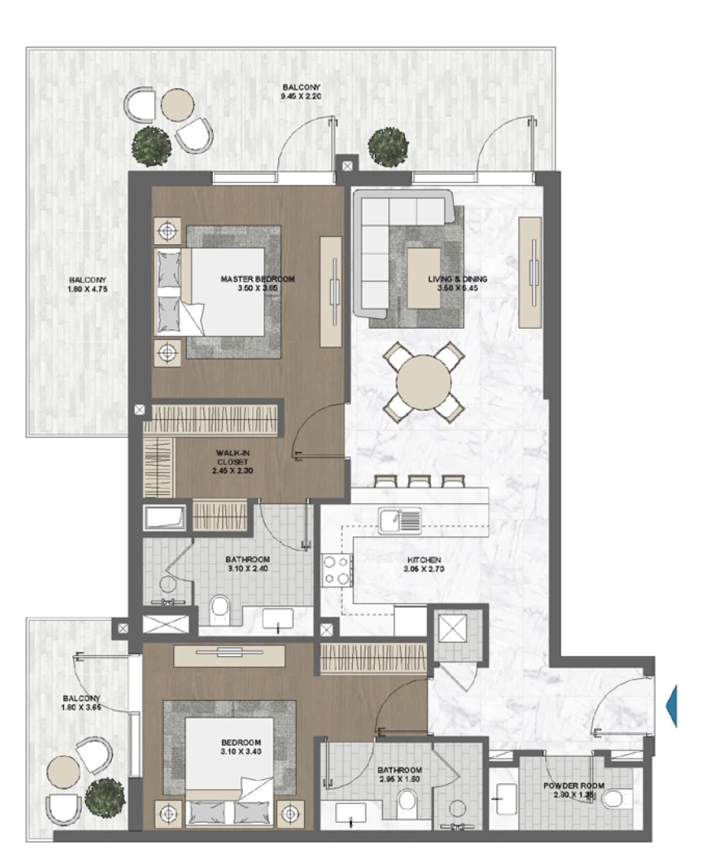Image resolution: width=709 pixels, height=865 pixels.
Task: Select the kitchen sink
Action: (399, 521)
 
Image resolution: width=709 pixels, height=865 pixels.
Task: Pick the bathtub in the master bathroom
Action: (165, 518)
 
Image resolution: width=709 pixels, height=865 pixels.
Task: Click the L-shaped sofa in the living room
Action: (386, 236)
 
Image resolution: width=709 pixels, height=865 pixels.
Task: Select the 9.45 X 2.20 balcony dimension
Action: (303, 98)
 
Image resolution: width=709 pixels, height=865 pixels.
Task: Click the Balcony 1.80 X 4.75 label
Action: (87, 284)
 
